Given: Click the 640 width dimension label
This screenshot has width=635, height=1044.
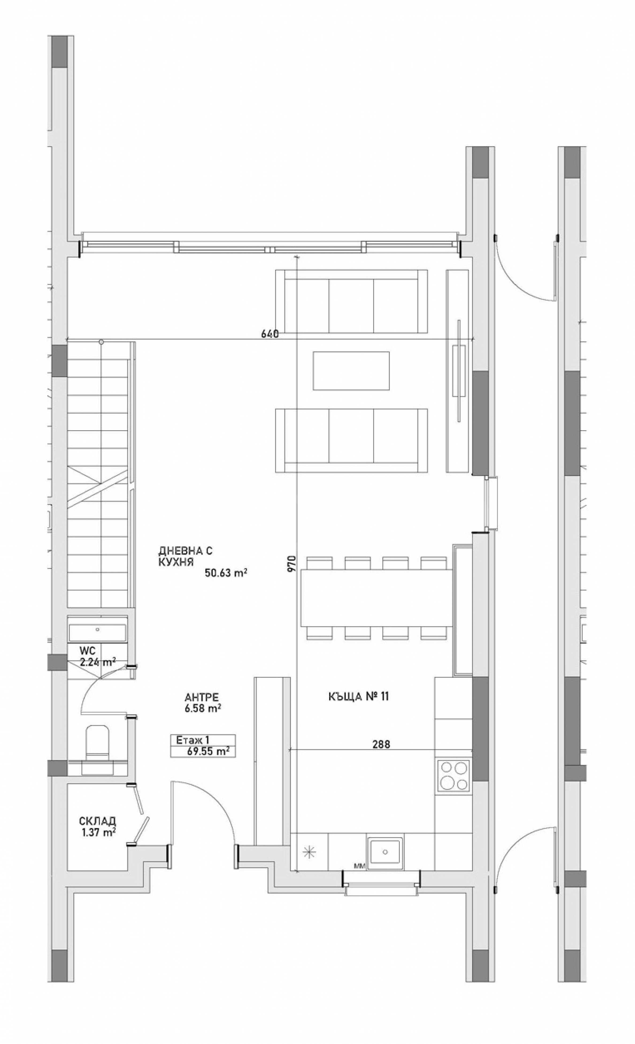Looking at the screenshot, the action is pyautogui.click(x=270, y=334).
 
